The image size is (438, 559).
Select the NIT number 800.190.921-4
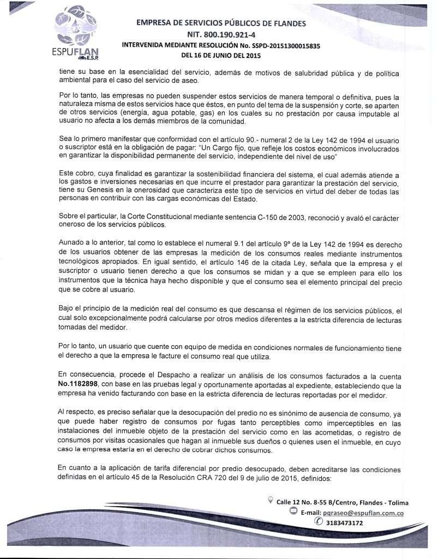(221, 34)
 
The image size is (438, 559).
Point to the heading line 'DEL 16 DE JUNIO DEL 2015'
(221, 55)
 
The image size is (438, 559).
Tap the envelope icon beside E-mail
(293, 513)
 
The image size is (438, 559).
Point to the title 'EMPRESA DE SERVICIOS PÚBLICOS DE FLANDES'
(221, 23)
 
